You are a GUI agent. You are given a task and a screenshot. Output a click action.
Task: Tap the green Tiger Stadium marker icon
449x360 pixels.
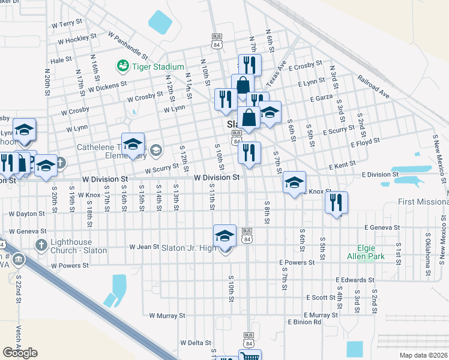pyautogui.click(x=124, y=65)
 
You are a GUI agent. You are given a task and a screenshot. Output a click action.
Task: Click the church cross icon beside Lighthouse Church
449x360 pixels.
pyautogui.click(x=41, y=245)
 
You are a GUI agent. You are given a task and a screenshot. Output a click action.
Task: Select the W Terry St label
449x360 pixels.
pyautogui.click(x=67, y=23)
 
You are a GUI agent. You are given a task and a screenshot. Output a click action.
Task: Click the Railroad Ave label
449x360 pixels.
pyautogui.click(x=373, y=87)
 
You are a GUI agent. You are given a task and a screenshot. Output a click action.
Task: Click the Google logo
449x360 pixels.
pyautogui.click(x=20, y=353)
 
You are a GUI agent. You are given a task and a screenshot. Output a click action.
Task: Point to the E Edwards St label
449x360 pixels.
pyautogui.click(x=355, y=280)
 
